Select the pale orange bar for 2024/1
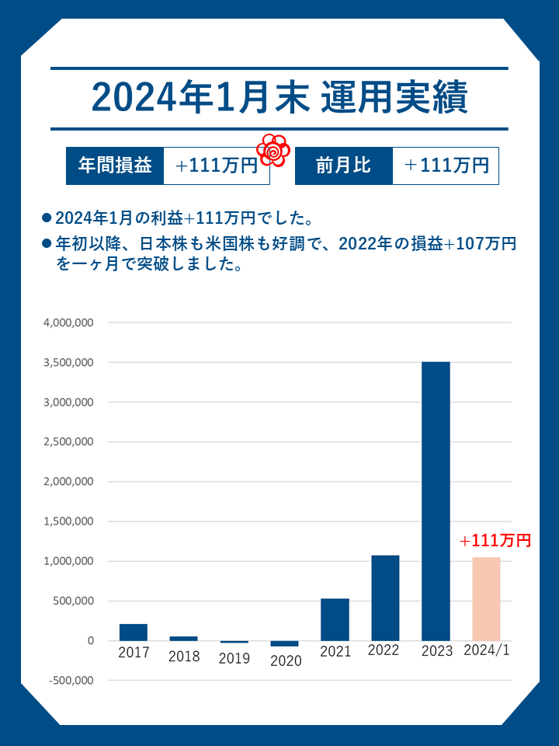486,598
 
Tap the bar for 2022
385,598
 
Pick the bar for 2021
335,619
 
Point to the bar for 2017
134,632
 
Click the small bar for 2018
183,638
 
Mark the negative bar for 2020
284,643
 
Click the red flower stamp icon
273,150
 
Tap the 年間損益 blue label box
115,166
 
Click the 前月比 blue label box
343,166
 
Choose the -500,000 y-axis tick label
71,681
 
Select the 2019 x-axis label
234,658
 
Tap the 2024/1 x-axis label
486,651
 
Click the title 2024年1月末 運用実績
279,98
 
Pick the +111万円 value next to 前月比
446,166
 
